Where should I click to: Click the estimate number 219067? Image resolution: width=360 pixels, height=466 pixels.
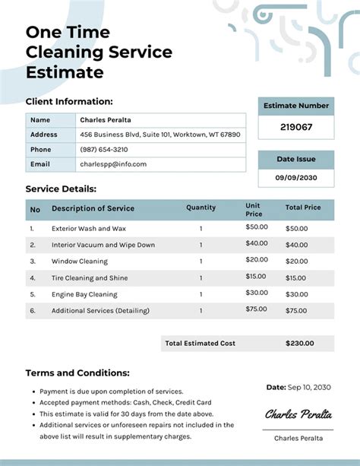(x=296, y=127)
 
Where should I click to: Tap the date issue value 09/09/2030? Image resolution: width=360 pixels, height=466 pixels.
(x=296, y=178)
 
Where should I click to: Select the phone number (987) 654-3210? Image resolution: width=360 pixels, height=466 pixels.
(x=104, y=149)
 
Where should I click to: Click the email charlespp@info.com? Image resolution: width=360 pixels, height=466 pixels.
(x=113, y=163)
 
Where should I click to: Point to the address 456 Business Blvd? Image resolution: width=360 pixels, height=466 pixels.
(x=160, y=135)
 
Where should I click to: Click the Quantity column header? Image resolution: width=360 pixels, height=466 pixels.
(x=201, y=208)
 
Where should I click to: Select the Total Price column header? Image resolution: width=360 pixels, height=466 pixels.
(x=303, y=208)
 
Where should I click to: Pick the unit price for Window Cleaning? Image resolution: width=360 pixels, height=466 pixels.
(x=256, y=259)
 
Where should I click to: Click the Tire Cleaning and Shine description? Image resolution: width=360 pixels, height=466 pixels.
(x=90, y=277)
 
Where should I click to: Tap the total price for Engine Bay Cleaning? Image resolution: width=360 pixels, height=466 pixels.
(x=296, y=294)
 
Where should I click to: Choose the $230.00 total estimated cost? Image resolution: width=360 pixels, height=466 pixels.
(x=299, y=343)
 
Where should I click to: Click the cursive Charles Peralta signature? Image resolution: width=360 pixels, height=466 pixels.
(x=298, y=415)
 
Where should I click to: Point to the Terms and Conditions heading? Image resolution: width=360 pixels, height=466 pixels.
(x=77, y=373)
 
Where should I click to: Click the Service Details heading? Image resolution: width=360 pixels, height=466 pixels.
(x=61, y=189)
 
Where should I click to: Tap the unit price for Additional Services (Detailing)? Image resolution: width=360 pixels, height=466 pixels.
(x=256, y=309)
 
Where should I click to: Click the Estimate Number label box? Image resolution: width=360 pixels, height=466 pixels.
(x=296, y=106)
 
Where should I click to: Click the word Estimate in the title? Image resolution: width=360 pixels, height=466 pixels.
(x=64, y=73)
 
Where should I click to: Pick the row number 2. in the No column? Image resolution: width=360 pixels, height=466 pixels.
(x=32, y=245)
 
